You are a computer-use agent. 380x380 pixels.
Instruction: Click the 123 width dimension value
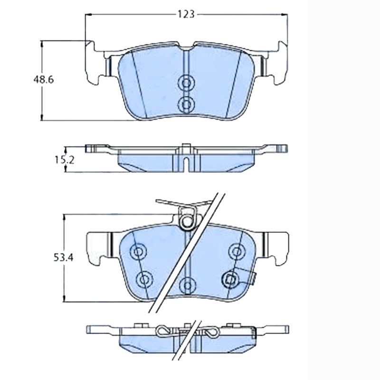(x=186, y=14)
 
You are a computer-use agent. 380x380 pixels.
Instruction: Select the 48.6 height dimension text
(x=43, y=80)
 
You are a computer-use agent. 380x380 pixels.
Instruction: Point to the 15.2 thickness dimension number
(x=65, y=160)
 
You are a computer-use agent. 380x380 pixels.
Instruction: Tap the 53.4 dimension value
(x=63, y=258)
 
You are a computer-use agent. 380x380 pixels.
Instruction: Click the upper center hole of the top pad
(x=186, y=83)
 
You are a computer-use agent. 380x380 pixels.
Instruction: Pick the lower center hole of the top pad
(x=186, y=103)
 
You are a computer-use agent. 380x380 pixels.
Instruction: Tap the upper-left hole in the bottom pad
(x=139, y=252)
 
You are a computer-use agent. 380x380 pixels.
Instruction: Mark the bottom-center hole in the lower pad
(x=187, y=285)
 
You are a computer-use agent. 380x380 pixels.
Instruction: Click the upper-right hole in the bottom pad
(x=236, y=251)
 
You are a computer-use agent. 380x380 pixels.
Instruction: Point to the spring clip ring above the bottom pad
(x=187, y=220)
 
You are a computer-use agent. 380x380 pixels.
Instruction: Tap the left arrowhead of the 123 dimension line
(x=87, y=15)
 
